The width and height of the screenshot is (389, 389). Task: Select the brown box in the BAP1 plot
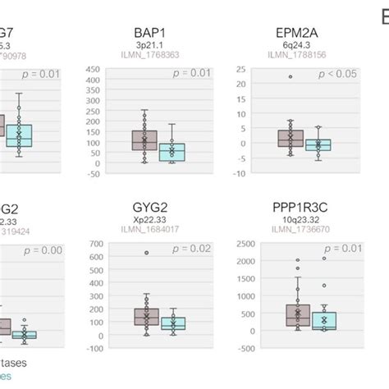point(144,140)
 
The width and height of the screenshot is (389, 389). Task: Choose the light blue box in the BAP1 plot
point(172,152)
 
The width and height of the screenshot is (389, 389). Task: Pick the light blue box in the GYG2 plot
point(172,323)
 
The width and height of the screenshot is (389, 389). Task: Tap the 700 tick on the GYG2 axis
point(94,244)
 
